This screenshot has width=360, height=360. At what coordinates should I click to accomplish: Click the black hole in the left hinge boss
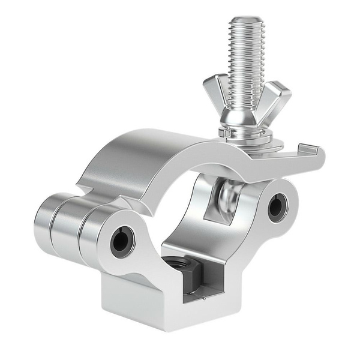click(x=120, y=241)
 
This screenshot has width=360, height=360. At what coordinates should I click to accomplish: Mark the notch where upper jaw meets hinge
click(x=84, y=191)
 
